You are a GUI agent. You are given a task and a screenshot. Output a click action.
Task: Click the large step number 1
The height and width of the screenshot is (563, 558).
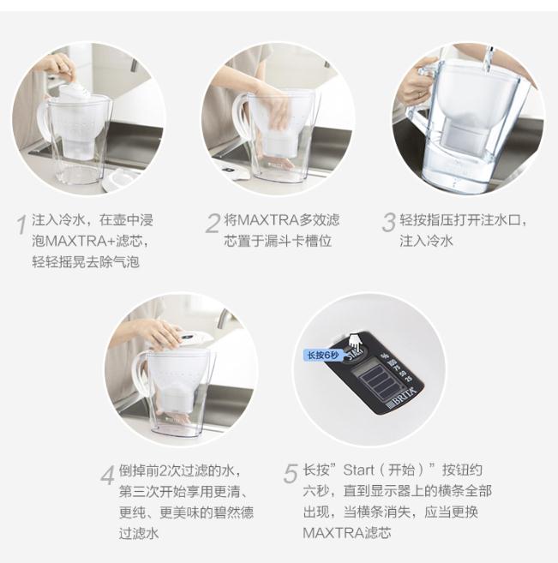[22, 224]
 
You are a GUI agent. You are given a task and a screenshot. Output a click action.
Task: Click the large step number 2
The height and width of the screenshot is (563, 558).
[213, 224]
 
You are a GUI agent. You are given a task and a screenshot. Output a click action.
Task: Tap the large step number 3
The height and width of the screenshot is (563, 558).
[388, 223]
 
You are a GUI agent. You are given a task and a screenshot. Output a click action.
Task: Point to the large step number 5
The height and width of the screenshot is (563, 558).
[291, 474]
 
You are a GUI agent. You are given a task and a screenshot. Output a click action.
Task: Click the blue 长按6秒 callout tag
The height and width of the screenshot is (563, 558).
[323, 355]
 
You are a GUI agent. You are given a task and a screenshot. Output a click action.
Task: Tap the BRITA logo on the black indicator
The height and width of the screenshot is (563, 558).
[402, 398]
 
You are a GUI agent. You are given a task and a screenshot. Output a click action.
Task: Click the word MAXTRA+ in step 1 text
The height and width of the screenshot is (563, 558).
[81, 241]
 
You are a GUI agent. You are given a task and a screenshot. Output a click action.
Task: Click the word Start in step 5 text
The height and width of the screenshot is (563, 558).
[358, 470]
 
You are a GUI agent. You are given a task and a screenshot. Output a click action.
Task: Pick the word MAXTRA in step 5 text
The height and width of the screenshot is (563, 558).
[333, 533]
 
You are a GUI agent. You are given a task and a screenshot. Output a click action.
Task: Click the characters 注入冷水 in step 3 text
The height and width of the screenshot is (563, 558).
[426, 241]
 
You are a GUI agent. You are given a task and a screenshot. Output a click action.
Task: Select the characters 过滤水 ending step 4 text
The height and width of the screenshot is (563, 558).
[139, 533]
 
